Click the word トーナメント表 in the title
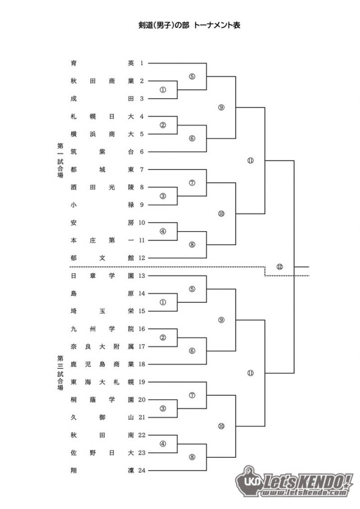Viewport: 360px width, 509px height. coord(217,25)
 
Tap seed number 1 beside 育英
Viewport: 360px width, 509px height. coord(142,63)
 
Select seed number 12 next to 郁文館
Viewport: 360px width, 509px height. coord(142,258)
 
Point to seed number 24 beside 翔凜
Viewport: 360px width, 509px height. coord(142,470)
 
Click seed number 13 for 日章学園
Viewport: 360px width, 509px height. coord(142,276)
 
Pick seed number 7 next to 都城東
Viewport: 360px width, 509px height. coord(142,170)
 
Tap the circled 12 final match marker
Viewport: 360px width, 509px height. coord(279,267)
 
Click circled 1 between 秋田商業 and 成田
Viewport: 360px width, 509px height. coord(163,89)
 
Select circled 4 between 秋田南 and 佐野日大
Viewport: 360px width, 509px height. coord(163,444)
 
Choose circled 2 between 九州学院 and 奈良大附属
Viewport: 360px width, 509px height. coord(163,338)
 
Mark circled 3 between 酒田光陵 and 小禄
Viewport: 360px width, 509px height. coord(163,196)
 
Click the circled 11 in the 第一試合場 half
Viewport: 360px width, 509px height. coord(250,161)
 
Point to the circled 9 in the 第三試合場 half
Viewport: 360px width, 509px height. coord(221,320)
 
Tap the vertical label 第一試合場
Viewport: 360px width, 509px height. coord(60,161)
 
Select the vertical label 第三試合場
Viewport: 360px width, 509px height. coord(60,373)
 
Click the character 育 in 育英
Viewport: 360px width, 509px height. coord(74,63)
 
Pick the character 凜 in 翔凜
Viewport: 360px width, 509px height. coord(131,470)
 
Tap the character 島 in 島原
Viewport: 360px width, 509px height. coord(74,293)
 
